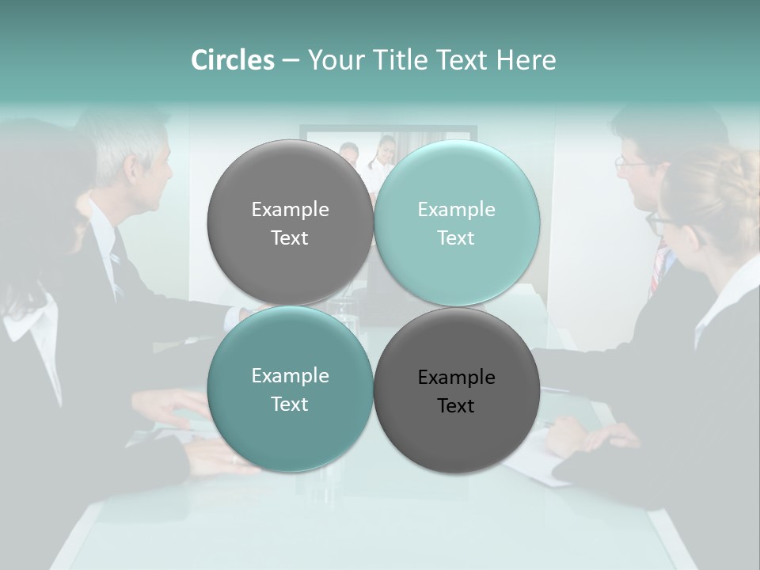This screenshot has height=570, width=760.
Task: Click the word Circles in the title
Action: point(232,60)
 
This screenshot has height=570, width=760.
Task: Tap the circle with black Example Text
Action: point(457,391)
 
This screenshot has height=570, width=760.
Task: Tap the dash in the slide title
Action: point(291,61)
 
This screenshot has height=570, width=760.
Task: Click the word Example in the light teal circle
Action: point(456,210)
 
